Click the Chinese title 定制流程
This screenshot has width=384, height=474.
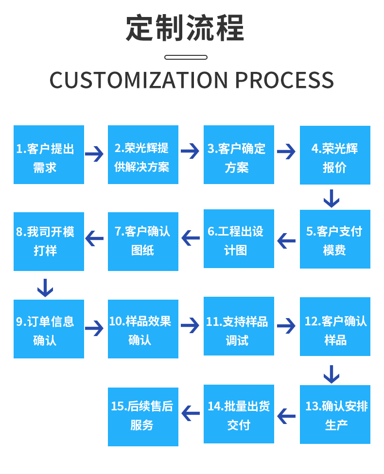(185, 29)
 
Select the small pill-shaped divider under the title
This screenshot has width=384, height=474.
(186, 57)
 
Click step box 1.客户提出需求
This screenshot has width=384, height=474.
(49, 155)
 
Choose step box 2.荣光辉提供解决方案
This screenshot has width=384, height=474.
(143, 155)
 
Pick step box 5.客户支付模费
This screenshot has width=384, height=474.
(335, 239)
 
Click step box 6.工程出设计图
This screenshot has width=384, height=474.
(239, 239)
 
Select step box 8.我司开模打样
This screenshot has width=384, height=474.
(49, 241)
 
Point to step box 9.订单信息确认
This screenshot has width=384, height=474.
(49, 329)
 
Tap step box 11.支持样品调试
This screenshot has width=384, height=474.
(239, 326)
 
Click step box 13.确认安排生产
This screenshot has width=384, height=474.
(335, 414)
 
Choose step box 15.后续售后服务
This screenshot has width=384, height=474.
(143, 417)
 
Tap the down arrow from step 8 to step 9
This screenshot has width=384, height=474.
(45, 288)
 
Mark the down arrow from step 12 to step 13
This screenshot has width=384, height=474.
(332, 374)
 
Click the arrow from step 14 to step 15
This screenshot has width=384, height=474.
(191, 414)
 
